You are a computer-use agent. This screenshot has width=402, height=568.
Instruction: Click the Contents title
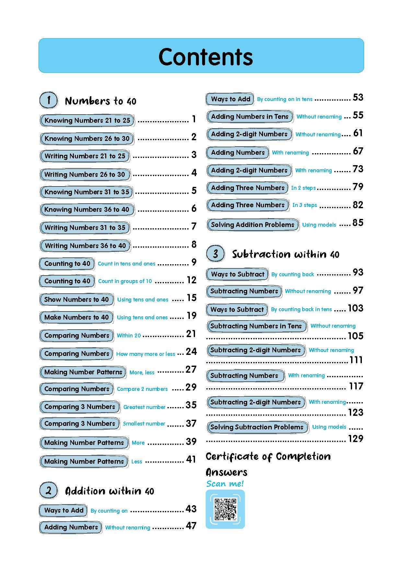(205, 57)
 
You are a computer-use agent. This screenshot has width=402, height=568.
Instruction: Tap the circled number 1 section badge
(49, 100)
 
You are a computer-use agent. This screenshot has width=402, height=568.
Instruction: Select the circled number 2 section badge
(49, 490)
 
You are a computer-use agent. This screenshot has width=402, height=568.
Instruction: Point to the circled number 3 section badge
(215, 254)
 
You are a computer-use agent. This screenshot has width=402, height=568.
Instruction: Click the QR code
(225, 509)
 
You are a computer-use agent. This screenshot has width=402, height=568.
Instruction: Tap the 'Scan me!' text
(225, 483)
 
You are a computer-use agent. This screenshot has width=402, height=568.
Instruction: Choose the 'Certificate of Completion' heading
(268, 457)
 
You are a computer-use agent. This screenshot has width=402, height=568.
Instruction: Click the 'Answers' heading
(226, 472)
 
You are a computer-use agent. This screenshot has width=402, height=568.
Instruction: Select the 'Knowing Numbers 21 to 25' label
(87, 120)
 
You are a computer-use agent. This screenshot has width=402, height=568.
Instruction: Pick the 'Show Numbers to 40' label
(76, 299)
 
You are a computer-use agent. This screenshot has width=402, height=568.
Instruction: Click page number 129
(355, 438)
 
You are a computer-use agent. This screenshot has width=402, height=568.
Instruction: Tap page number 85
(358, 223)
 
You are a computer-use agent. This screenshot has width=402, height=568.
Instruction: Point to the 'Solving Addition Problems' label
(253, 224)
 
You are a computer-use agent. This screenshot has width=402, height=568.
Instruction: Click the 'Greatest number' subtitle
(144, 407)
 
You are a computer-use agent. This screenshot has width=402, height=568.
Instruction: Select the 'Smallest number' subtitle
(144, 424)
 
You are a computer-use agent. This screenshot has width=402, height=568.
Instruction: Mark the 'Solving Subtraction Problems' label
(257, 427)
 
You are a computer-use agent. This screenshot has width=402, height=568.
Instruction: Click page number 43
(191, 509)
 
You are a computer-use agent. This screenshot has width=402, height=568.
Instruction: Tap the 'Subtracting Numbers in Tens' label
(256, 326)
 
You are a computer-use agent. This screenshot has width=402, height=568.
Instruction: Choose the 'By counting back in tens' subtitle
(301, 309)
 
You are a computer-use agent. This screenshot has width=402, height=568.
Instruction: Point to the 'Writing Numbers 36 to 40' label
(85, 246)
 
